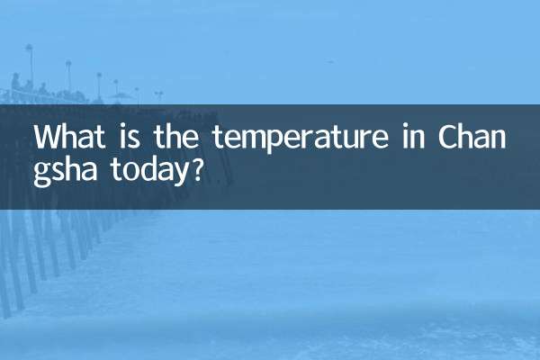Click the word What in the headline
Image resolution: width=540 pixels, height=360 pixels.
tap(68, 138)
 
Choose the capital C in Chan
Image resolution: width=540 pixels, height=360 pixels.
tap(448, 138)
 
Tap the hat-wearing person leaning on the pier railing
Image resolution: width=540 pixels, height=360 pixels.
tap(15, 84)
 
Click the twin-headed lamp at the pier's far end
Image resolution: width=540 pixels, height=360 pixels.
tap(159, 94)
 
